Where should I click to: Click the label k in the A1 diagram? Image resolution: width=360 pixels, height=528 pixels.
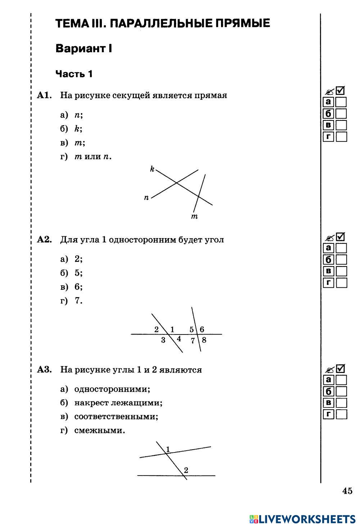click(152, 169)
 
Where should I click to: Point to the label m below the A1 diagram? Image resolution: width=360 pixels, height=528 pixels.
click(194, 216)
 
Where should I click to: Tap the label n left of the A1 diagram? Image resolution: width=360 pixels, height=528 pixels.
click(146, 197)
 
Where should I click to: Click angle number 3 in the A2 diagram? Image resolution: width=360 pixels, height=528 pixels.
click(163, 340)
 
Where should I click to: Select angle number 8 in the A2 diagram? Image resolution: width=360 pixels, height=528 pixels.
click(204, 340)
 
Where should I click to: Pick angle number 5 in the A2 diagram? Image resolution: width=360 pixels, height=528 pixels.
click(192, 329)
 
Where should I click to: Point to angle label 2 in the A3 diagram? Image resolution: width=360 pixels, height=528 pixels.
click(186, 470)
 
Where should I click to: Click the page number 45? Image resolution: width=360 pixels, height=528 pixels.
click(347, 491)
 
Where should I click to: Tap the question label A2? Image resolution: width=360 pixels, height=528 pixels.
click(45, 240)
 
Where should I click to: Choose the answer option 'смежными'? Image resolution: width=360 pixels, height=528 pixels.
click(100, 430)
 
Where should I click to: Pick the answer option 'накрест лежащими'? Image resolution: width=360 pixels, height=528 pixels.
click(118, 403)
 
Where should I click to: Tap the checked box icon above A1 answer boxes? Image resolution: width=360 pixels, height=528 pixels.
click(340, 91)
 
